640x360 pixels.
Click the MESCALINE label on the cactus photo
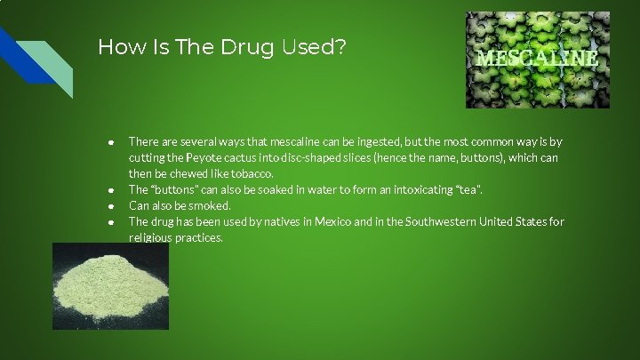(x=538, y=59)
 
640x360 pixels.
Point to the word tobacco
(x=252, y=173)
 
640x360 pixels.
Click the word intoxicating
(x=404, y=189)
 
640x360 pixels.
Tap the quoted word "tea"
(x=469, y=189)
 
